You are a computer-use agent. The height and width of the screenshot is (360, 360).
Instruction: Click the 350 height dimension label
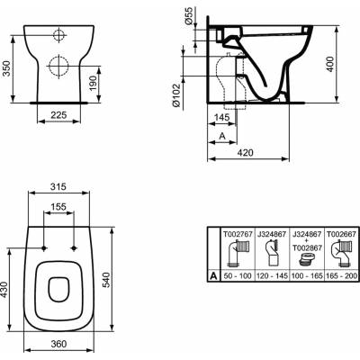(x=6, y=67)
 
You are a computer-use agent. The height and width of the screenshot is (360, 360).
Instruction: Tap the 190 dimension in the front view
(x=93, y=83)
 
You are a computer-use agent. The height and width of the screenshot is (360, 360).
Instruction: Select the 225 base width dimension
(x=58, y=114)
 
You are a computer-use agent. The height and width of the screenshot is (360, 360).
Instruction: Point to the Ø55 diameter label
(x=189, y=17)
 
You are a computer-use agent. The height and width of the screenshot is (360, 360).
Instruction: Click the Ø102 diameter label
(x=175, y=95)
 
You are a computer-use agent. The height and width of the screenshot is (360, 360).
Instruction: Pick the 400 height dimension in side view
(x=330, y=64)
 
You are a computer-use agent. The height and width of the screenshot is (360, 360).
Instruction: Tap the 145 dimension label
(x=222, y=117)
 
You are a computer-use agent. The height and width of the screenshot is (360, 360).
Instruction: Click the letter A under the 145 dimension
(x=222, y=136)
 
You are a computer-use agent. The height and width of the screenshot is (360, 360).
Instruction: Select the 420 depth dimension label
(x=245, y=153)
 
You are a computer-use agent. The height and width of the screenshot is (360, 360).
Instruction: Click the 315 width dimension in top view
(x=58, y=186)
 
